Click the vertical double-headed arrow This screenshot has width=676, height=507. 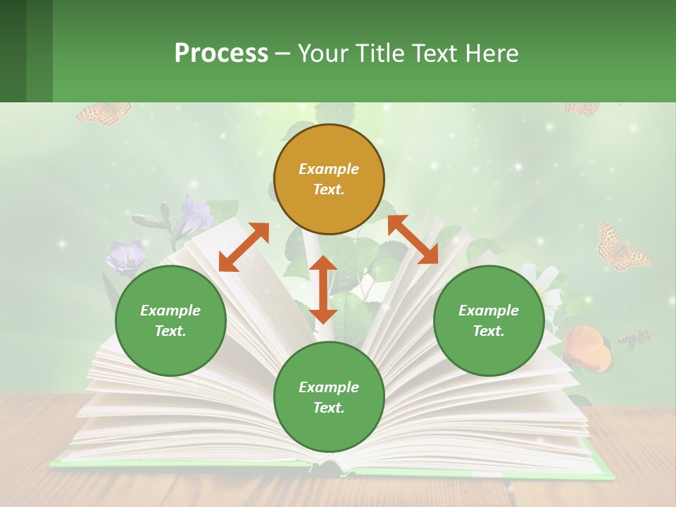pos(323,289)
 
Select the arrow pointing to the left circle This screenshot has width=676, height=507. pos(244,247)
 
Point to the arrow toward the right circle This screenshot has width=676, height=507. pos(413,239)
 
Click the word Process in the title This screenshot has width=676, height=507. pos(221,53)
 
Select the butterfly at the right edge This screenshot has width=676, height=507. pos(622,246)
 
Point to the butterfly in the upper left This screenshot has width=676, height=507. pos(104,113)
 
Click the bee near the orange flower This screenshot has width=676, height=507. pos(634,339)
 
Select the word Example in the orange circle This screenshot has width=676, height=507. pos(329,169)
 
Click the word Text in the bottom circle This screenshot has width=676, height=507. pos(329,408)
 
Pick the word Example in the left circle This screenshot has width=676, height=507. pos(170,311)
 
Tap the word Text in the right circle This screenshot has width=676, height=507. pos(489,331)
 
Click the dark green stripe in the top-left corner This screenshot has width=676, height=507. pos(13,51)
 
